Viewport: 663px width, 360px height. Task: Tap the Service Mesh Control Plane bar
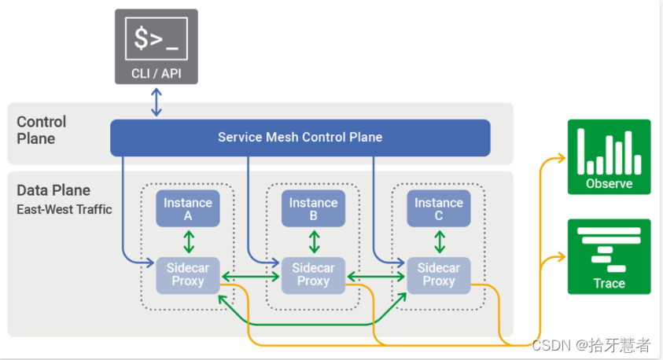[300, 138]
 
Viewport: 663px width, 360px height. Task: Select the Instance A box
[187, 208]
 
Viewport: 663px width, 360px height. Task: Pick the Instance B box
[313, 208]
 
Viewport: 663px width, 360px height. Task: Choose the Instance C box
[438, 208]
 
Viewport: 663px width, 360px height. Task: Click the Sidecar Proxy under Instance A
[187, 274]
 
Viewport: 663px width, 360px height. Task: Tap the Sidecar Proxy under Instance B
[313, 274]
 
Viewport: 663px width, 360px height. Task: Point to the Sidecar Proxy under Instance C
[438, 274]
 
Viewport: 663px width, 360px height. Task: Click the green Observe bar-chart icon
[609, 156]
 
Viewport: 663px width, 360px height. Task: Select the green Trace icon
[609, 256]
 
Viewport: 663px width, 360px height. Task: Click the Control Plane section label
[42, 130]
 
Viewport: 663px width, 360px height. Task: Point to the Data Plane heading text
[53, 190]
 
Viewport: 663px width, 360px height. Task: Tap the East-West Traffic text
[64, 209]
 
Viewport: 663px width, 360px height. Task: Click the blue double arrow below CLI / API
[157, 102]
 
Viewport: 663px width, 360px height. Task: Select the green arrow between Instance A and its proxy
[188, 241]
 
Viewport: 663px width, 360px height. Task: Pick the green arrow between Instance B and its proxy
[313, 241]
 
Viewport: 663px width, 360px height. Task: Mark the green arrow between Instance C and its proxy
[438, 241]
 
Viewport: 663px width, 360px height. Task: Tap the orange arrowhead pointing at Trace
[560, 257]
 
